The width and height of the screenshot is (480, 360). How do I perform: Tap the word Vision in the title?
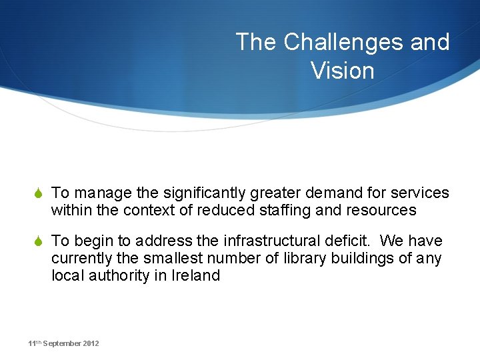[342, 70]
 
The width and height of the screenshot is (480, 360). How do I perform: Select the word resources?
[383, 211]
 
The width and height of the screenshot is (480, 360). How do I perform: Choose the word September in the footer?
[63, 343]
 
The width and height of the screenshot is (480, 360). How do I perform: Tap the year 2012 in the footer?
[91, 343]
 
